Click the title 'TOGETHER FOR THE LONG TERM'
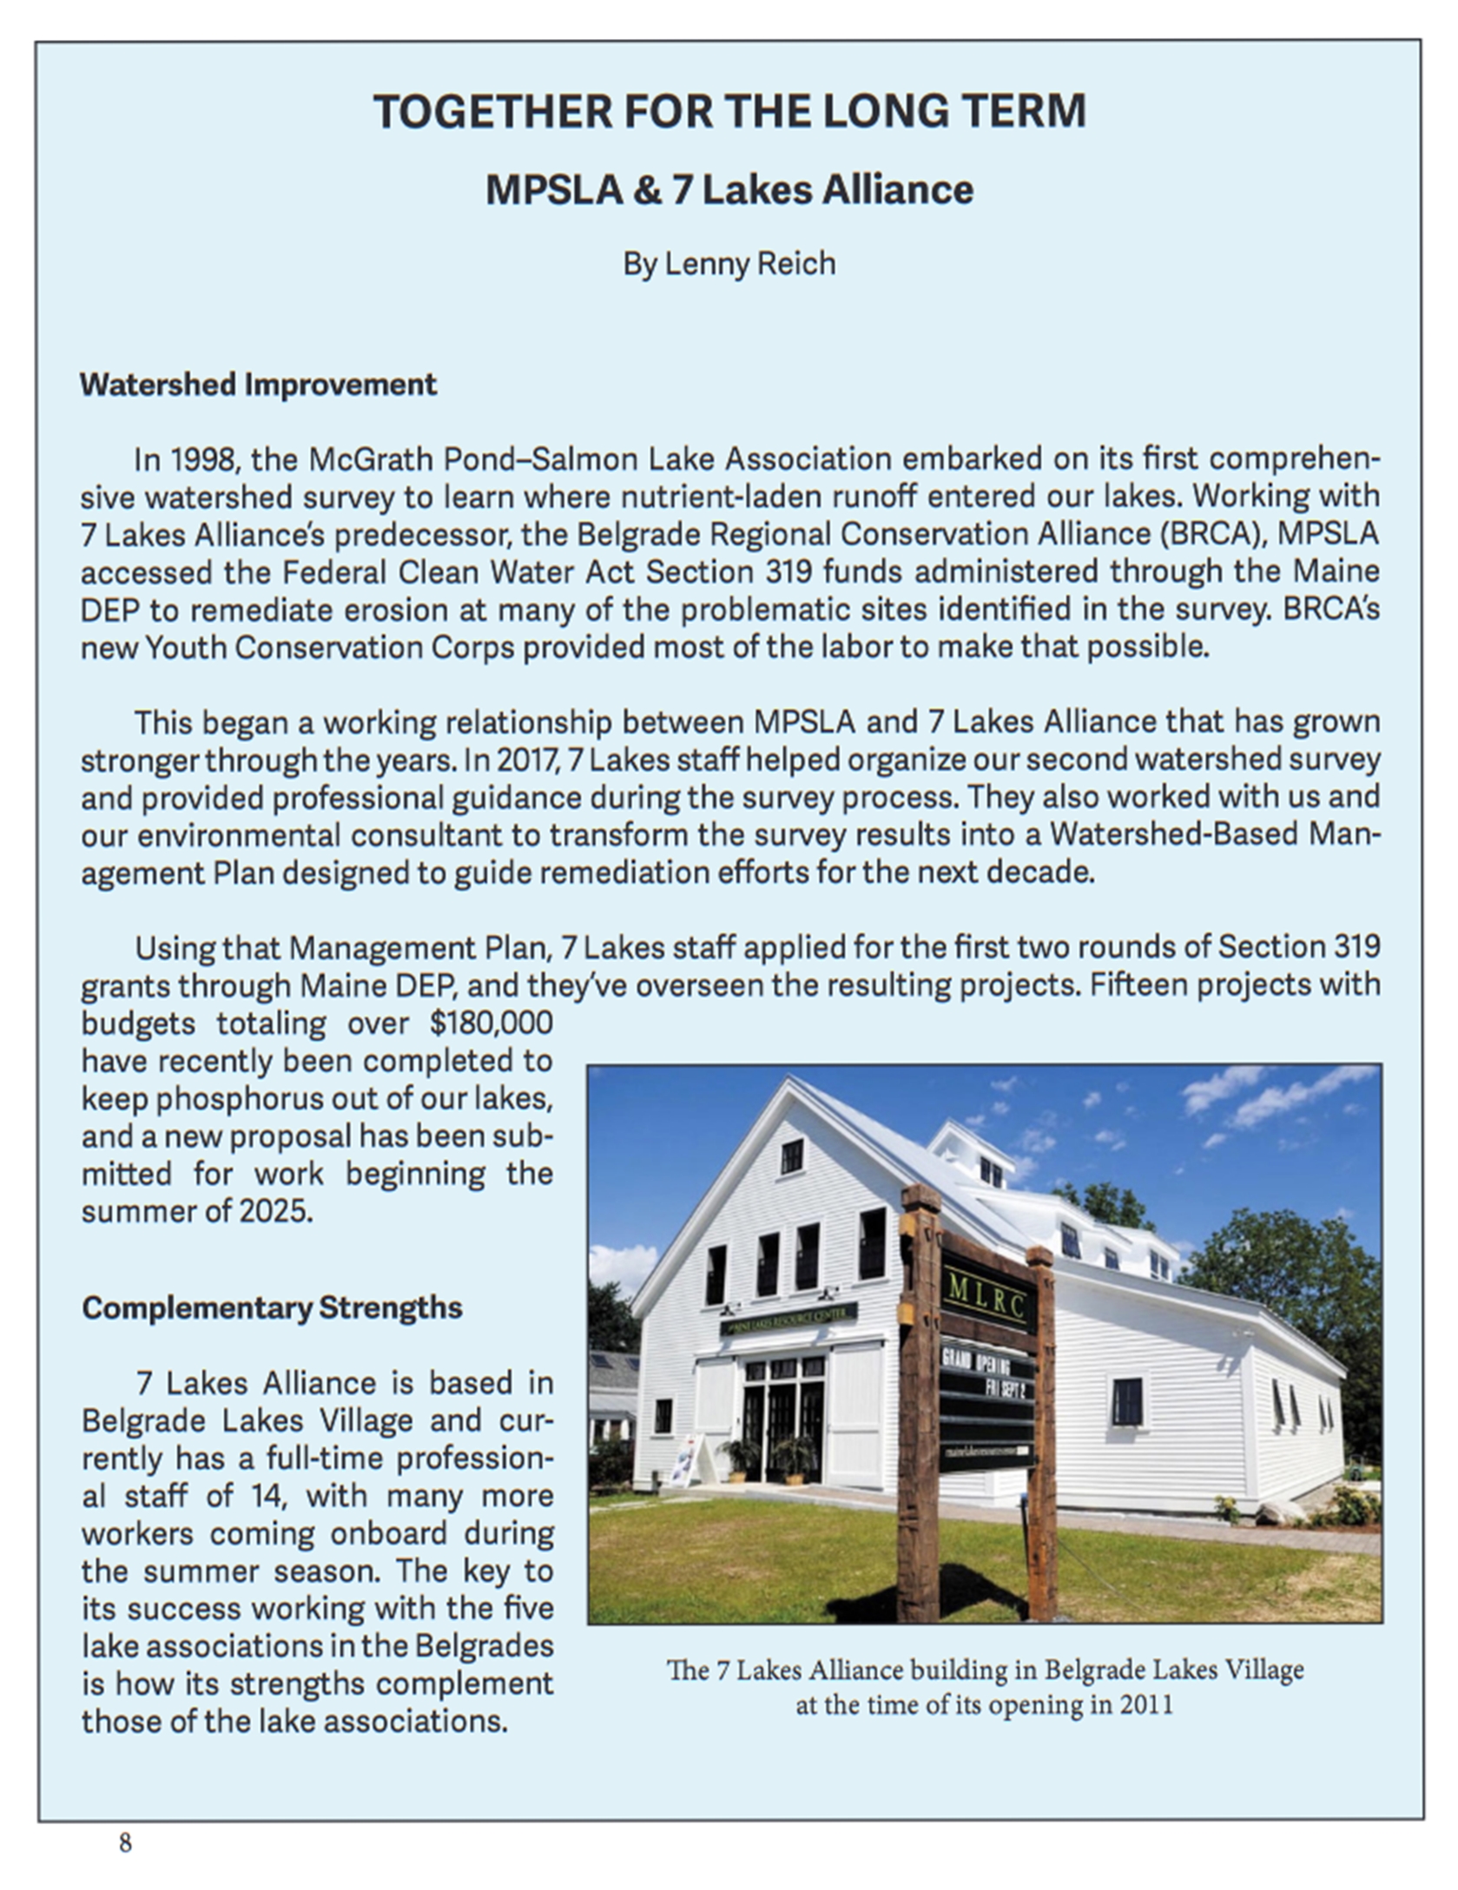(729, 111)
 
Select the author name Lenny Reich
(749, 263)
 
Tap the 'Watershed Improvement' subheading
(258, 385)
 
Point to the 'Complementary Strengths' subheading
(272, 1307)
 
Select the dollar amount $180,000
(491, 1023)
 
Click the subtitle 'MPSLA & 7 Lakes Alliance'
(729, 190)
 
